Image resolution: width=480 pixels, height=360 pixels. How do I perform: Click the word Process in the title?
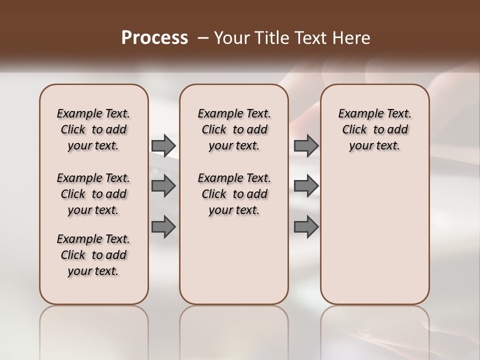(154, 38)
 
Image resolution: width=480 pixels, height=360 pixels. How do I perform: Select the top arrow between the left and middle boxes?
(163, 145)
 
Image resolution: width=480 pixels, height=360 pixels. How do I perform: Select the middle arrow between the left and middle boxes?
(163, 186)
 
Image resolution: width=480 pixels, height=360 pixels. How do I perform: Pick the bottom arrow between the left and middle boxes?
(163, 226)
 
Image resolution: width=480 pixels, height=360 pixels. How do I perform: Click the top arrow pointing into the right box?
(306, 145)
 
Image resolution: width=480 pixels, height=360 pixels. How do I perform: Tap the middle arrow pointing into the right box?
(306, 186)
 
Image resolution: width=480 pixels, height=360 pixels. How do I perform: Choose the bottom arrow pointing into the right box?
(306, 226)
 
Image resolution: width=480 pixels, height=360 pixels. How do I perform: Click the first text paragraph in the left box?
(93, 129)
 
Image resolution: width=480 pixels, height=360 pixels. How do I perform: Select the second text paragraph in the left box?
(93, 194)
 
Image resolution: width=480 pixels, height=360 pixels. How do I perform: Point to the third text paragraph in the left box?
(93, 255)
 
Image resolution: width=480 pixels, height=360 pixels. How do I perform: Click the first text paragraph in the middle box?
(234, 129)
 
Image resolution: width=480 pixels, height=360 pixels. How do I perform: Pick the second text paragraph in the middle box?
(234, 194)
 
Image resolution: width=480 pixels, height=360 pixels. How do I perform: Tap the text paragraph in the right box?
(374, 129)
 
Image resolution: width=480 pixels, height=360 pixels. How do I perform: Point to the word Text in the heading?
(307, 38)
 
